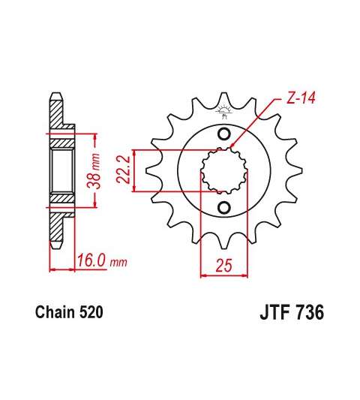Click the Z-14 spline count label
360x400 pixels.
[x=300, y=98]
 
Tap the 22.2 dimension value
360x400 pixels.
[x=124, y=170]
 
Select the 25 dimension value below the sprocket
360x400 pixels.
[x=224, y=265]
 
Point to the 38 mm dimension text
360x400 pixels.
[x=94, y=171]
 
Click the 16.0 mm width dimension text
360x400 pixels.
[x=102, y=260]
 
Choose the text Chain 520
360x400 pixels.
[x=69, y=312]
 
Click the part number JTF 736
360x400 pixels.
[x=292, y=312]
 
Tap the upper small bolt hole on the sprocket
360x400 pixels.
[x=224, y=134]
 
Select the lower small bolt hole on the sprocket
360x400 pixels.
[x=224, y=208]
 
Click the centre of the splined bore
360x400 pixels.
[x=224, y=171]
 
